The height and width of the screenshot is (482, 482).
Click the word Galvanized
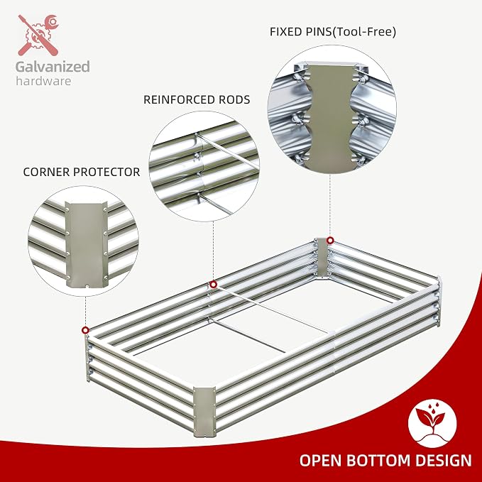[x=53, y=67]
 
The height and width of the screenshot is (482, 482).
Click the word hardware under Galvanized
[x=43, y=81]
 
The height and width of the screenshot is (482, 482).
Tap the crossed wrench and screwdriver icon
[x=38, y=35]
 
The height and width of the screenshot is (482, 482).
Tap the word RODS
[x=234, y=99]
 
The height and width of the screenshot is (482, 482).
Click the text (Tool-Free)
[x=365, y=32]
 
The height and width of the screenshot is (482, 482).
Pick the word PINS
[x=319, y=32]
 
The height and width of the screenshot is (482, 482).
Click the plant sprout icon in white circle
[x=432, y=423]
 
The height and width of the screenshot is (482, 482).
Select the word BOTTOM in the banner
[x=379, y=461]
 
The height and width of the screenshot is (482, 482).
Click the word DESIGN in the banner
[x=444, y=461]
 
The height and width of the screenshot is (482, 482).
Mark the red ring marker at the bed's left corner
[x=85, y=331]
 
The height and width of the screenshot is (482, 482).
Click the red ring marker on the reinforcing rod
[x=214, y=285]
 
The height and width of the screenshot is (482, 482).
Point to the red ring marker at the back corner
[x=330, y=241]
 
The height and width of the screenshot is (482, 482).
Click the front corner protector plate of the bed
[x=204, y=412]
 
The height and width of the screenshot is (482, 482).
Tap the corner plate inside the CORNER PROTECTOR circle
[x=87, y=245]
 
